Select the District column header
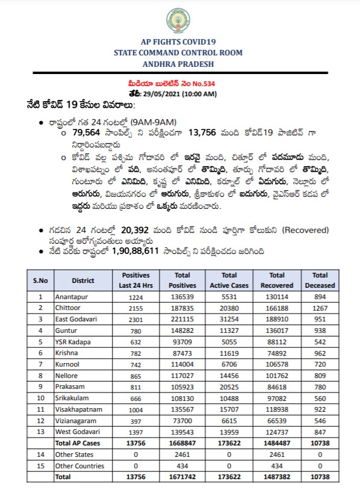tap(83, 280)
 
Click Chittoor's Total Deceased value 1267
tap(320, 307)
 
